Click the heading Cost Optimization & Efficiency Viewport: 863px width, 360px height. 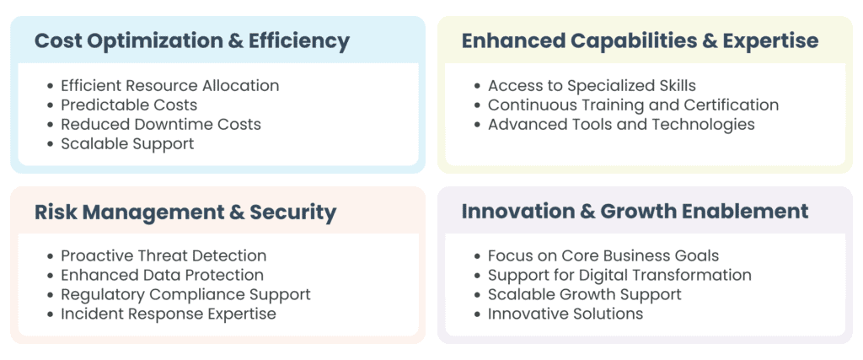click(192, 42)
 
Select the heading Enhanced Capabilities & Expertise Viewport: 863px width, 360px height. click(641, 41)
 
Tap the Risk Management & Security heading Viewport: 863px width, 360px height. click(185, 212)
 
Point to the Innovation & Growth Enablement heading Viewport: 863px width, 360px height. click(635, 212)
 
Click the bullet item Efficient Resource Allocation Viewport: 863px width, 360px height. click(170, 86)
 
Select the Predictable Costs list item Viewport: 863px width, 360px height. click(129, 105)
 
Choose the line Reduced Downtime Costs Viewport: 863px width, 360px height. click(161, 124)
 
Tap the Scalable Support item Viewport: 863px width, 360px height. click(127, 143)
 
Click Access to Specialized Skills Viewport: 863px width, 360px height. click(592, 86)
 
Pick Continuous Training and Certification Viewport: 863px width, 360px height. click(634, 105)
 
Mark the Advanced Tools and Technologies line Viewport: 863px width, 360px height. click(621, 125)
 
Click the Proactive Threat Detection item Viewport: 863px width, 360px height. click(163, 255)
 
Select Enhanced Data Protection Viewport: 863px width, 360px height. click(163, 275)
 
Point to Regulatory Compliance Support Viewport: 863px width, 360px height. click(185, 294)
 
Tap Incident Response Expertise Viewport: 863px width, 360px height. click(169, 314)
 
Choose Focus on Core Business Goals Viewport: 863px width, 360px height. click(603, 255)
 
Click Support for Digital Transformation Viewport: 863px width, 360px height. click(619, 275)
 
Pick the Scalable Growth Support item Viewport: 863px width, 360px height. click(585, 294)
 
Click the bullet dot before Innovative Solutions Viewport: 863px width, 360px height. click(478, 314)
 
